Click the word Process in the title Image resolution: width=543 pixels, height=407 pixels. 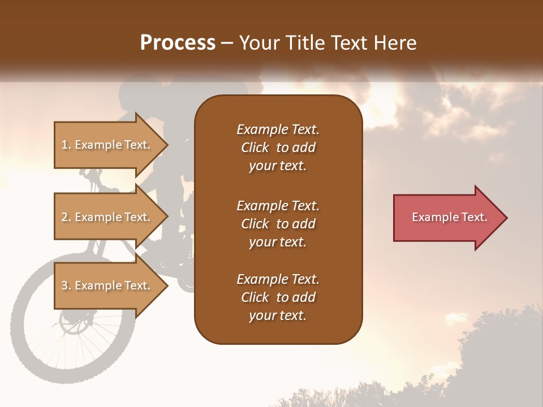[x=178, y=43]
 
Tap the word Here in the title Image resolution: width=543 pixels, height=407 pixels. [x=394, y=43]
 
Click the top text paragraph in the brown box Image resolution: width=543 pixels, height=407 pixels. [x=278, y=147]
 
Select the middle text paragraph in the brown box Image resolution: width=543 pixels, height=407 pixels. [x=278, y=223]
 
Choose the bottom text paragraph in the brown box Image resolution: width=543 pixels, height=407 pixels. [x=278, y=297]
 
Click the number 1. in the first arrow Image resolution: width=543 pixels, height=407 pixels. [x=66, y=145]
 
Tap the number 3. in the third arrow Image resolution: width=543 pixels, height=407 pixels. [x=66, y=285]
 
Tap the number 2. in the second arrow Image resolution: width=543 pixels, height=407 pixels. [x=66, y=217]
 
